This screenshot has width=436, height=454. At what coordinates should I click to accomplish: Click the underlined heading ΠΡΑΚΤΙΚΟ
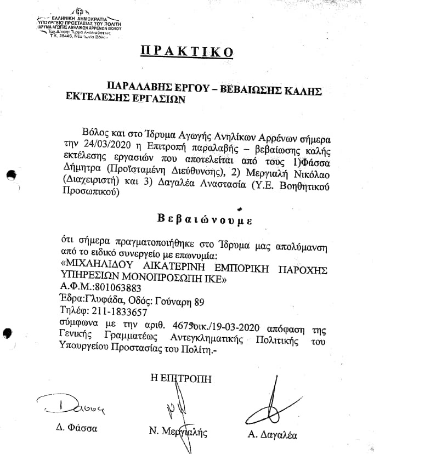188,52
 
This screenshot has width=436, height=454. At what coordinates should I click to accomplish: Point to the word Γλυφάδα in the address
106,299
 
